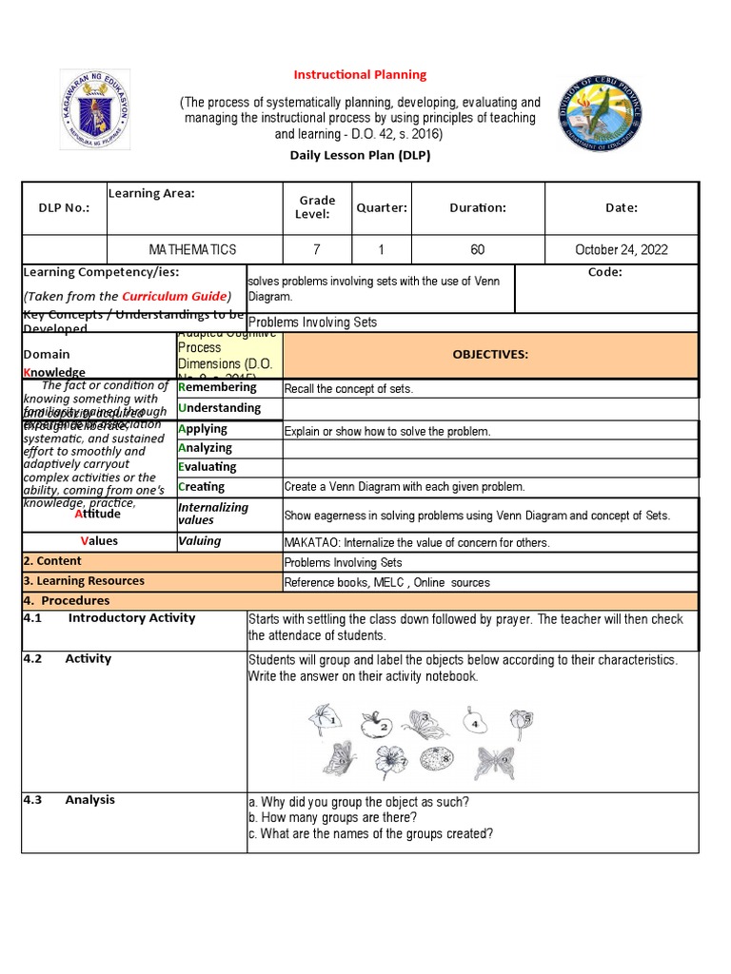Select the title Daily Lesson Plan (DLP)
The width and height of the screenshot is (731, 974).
tap(360, 155)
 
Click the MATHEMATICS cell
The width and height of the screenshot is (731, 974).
tap(192, 250)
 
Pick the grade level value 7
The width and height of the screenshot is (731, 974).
tap(317, 250)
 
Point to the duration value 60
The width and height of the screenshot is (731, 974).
tap(477, 250)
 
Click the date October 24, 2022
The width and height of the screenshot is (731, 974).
tap(621, 250)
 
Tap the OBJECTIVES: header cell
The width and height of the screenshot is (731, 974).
tap(489, 354)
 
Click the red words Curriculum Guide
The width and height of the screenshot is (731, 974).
tap(175, 296)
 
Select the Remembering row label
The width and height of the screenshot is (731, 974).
tap(218, 387)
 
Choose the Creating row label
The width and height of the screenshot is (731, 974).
tap(202, 486)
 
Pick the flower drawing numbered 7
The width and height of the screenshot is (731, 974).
tap(390, 761)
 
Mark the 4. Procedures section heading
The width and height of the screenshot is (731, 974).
tap(66, 600)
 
